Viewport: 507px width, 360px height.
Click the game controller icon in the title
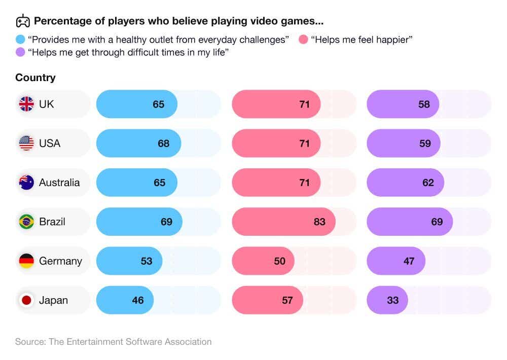(x=23, y=21)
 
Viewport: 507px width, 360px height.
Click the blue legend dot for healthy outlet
(x=20, y=39)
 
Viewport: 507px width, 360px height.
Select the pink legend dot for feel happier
(x=303, y=39)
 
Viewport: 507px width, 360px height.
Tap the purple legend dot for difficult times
(x=20, y=52)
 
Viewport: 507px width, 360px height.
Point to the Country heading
(x=35, y=78)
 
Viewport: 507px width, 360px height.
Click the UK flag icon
(x=26, y=104)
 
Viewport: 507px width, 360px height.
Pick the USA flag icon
(x=26, y=143)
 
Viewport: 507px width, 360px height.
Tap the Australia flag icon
(x=26, y=183)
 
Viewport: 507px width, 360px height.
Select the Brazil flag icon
(x=26, y=222)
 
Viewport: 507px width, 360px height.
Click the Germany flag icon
(x=26, y=261)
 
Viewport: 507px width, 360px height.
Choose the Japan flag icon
(x=26, y=300)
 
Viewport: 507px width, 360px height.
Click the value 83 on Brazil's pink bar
(x=319, y=222)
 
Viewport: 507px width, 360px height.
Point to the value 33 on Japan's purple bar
(x=392, y=300)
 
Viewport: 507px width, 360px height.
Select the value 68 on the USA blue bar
(x=163, y=143)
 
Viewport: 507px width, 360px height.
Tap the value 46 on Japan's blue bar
(x=138, y=300)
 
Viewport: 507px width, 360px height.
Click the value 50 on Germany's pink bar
(x=279, y=261)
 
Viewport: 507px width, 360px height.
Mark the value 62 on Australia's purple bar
(x=428, y=183)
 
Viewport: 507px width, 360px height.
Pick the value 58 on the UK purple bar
(x=424, y=104)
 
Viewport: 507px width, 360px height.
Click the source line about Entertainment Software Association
(x=113, y=342)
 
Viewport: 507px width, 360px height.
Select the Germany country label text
(x=60, y=261)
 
